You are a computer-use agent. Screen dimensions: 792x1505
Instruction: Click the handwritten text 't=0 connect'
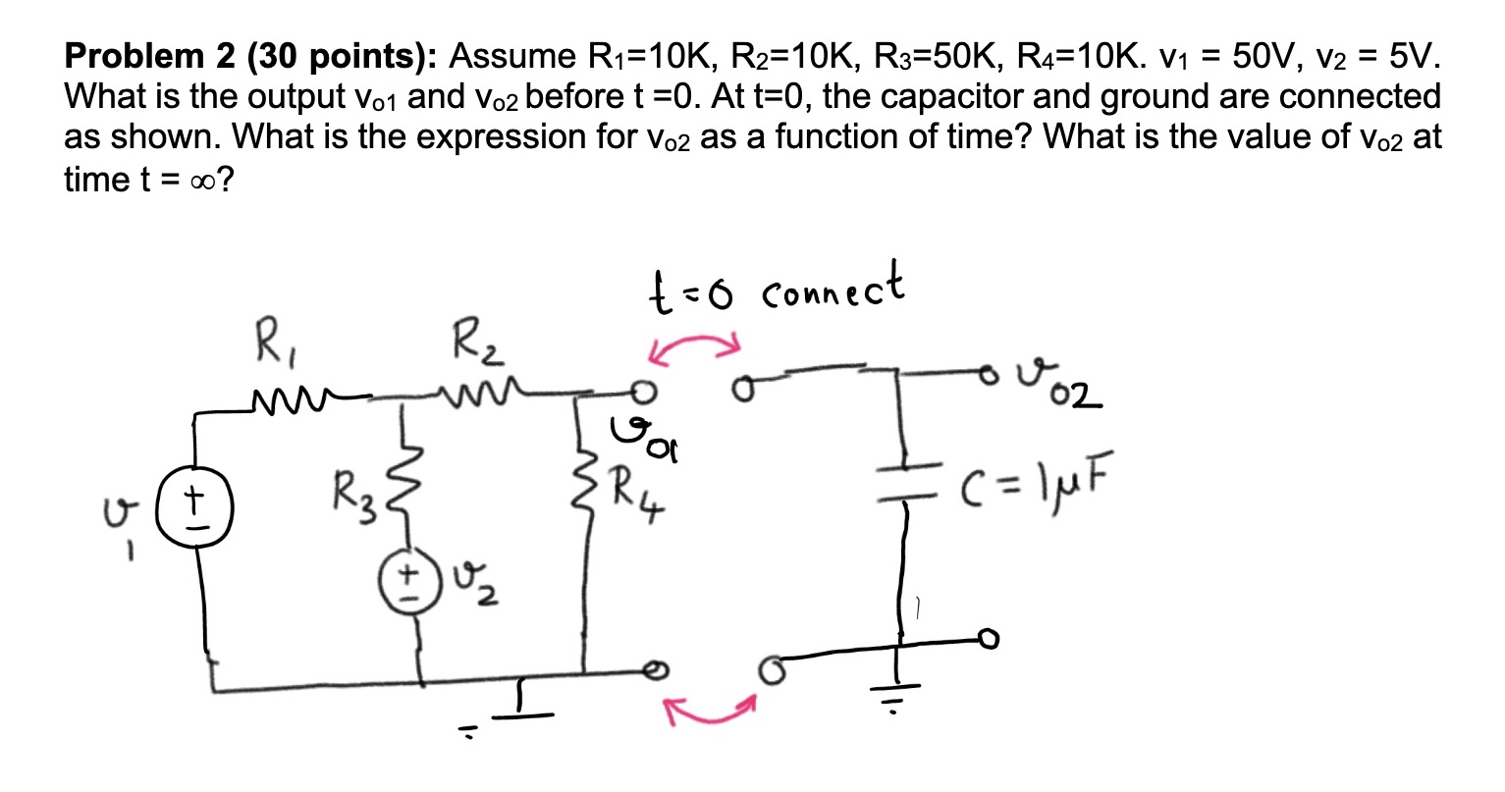(775, 288)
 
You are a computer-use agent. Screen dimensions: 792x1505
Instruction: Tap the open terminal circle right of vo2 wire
(994, 370)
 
